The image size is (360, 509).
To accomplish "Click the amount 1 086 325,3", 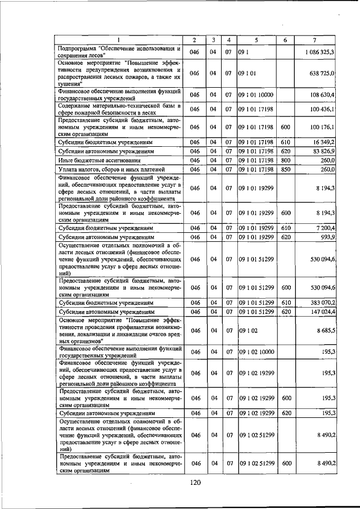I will (x=320, y=52).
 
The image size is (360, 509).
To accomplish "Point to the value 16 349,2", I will (x=324, y=143).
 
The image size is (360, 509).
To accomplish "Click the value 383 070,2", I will (x=323, y=303).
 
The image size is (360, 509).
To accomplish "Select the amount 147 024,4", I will (x=323, y=311).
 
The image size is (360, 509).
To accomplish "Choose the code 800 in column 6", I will (x=285, y=160).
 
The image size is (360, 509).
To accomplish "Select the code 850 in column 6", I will (x=285, y=169).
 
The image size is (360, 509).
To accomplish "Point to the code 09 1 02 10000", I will (x=256, y=352).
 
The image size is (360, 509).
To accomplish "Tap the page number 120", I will (x=195, y=482).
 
